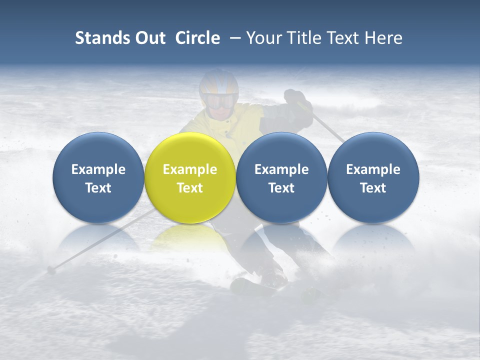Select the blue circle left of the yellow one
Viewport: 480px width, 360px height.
[98, 177]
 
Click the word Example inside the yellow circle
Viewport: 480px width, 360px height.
[189, 169]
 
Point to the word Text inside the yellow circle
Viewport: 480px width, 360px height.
[189, 188]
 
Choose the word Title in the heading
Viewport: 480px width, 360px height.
[300, 38]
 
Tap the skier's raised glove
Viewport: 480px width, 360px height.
[295, 97]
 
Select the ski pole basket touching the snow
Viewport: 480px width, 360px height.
[50, 270]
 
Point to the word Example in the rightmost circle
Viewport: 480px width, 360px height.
[373, 169]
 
